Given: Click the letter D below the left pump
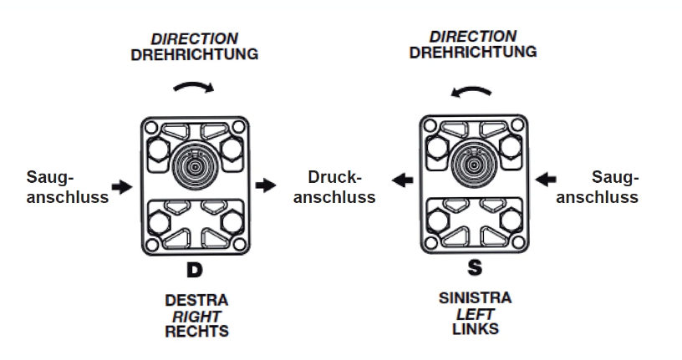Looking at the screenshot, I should pos(194,270).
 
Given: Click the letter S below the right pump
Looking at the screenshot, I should pos(474,268).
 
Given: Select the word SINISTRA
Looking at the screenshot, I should pos(474,298).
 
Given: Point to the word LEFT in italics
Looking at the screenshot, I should pos(474,314).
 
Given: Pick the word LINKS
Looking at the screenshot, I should pos(474,329).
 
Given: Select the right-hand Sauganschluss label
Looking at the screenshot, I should pos(598,187).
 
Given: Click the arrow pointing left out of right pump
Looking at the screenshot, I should pos(403,179).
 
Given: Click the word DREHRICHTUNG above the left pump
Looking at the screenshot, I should pos(194,54).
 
